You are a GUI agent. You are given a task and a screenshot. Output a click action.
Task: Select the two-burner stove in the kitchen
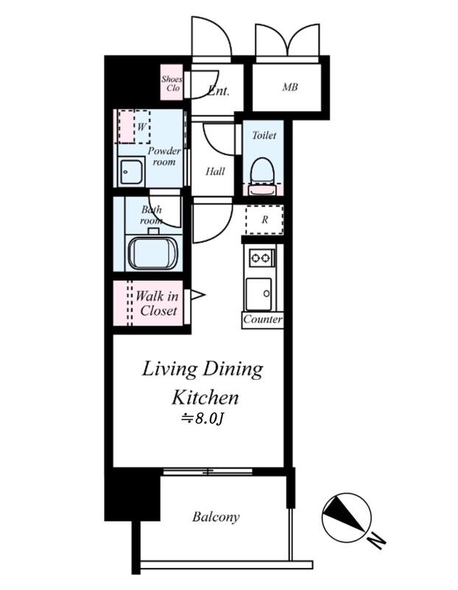[261, 257]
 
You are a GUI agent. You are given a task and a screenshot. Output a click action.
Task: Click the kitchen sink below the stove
[258, 294]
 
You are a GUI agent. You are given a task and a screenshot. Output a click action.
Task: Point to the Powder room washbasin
[131, 172]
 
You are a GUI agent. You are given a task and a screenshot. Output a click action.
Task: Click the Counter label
[263, 319]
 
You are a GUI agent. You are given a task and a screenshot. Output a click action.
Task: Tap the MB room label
[290, 87]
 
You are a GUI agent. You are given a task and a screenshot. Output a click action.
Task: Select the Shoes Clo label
[172, 83]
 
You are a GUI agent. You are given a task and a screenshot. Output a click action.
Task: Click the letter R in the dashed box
[264, 220]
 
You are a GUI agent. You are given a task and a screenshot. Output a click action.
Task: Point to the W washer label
[141, 127]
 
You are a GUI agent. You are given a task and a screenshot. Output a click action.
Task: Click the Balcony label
[216, 517]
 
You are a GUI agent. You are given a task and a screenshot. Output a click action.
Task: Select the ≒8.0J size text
[202, 418]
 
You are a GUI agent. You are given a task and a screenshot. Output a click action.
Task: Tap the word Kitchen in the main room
[205, 398]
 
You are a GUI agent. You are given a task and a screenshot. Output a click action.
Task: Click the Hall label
[215, 172]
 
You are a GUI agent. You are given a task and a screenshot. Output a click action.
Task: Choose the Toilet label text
[264, 135]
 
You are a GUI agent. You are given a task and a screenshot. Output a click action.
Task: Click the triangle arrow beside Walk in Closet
[197, 294]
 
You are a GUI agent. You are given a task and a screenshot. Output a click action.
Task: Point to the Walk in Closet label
[157, 303]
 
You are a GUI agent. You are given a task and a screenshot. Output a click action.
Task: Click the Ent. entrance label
[218, 90]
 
